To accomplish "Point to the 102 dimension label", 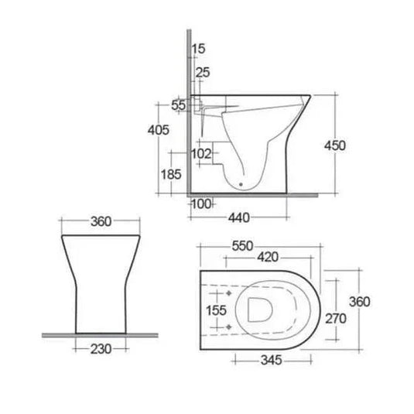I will pos(201,153).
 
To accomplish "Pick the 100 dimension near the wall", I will pos(203,204).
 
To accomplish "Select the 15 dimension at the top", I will pos(199,49).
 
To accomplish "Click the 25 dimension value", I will pos(203,73).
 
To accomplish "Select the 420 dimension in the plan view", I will pos(269,256).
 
